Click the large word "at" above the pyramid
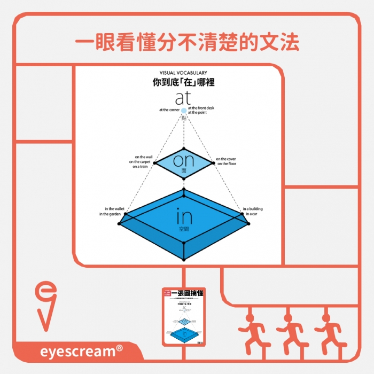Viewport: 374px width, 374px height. [x=183, y=98]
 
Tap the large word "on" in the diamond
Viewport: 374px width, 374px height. [x=183, y=160]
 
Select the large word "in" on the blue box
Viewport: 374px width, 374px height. [x=184, y=216]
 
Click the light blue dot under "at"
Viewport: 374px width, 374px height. [x=184, y=111]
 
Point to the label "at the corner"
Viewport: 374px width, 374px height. [x=169, y=110]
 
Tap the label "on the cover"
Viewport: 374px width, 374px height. [x=225, y=159]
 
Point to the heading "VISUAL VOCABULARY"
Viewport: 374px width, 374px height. [x=183, y=73]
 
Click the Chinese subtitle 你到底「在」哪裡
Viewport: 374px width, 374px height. [x=183, y=83]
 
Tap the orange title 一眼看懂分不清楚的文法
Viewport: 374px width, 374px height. [x=186, y=43]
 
